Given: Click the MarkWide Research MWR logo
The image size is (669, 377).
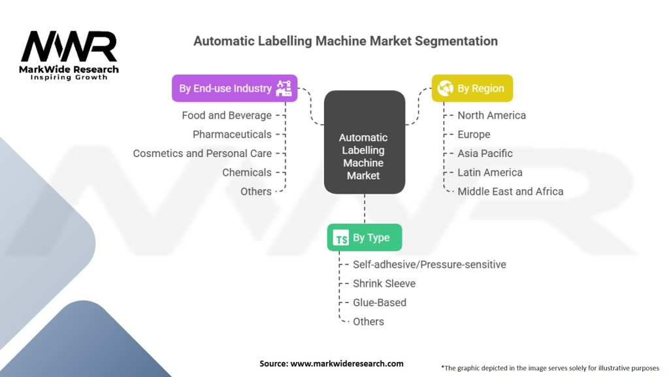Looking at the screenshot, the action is click(69, 55).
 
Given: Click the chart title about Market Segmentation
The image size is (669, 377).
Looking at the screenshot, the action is click(346, 41).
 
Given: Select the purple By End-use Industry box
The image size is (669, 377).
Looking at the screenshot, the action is click(235, 88).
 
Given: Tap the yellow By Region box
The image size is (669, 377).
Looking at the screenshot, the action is click(472, 88).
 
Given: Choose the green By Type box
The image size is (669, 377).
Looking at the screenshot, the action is click(365, 237).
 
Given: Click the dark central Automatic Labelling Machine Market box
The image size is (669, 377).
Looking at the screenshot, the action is click(365, 142).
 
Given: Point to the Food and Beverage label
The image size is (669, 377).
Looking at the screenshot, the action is click(227, 115).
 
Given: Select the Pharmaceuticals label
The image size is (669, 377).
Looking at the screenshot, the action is click(232, 134).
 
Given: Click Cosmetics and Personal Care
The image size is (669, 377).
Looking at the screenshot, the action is click(203, 153).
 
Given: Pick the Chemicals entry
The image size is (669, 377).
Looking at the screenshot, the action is click(246, 172).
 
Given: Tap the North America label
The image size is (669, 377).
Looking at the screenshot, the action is click(491, 115).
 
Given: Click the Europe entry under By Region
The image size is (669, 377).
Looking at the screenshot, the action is click(474, 135).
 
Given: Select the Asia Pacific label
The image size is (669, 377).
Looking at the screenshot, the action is click(485, 153).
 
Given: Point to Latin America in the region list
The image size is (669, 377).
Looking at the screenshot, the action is click(490, 172).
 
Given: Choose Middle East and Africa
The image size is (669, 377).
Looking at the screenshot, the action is click(510, 192).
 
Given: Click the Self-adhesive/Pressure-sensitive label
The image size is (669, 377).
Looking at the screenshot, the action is click(429, 264).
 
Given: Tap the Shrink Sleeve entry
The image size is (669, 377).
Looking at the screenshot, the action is click(384, 283).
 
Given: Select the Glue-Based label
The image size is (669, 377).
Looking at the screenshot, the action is click(380, 302).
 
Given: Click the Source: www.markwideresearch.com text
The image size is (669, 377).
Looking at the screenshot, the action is click(331, 363).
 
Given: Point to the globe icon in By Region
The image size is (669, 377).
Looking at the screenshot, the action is click(446, 88).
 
